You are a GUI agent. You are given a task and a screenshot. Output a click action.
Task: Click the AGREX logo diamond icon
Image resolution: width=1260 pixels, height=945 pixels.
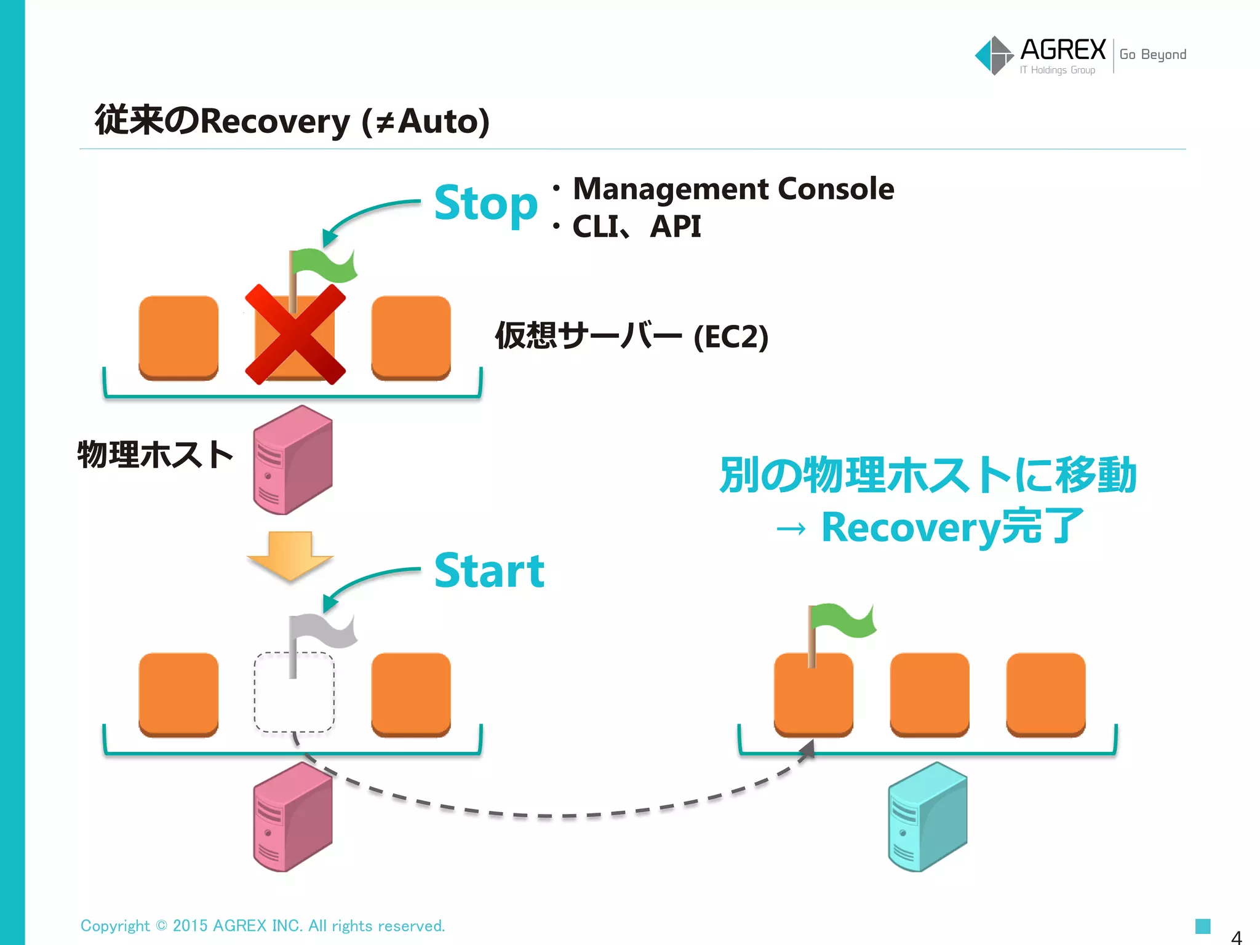994,55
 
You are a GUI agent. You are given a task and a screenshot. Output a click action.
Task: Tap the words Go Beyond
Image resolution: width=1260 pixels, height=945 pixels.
1152,55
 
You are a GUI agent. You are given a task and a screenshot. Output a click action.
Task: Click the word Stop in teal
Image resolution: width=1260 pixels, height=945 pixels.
485,203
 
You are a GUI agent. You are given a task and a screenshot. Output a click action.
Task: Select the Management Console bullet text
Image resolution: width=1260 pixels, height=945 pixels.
733,189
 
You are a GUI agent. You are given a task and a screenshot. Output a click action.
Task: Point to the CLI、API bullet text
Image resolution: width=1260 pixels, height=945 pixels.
636,226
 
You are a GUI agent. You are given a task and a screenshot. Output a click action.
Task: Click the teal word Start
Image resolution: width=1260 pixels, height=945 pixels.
489,571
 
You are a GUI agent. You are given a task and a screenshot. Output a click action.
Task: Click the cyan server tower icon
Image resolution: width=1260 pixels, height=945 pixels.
927,816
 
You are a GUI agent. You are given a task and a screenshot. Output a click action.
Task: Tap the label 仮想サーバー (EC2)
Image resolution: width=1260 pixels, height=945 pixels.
631,336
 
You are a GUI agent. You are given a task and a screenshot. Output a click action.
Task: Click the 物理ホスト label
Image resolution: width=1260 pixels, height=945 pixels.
155,455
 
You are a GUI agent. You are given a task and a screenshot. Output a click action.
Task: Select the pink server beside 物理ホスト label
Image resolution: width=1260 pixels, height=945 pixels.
293,460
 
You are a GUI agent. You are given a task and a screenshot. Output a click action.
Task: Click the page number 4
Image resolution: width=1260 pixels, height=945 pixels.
1236,937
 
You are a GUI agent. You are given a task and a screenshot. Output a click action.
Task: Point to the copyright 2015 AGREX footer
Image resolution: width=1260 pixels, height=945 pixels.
263,925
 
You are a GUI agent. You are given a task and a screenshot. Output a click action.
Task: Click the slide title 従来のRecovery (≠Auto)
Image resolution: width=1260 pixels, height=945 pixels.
292,121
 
